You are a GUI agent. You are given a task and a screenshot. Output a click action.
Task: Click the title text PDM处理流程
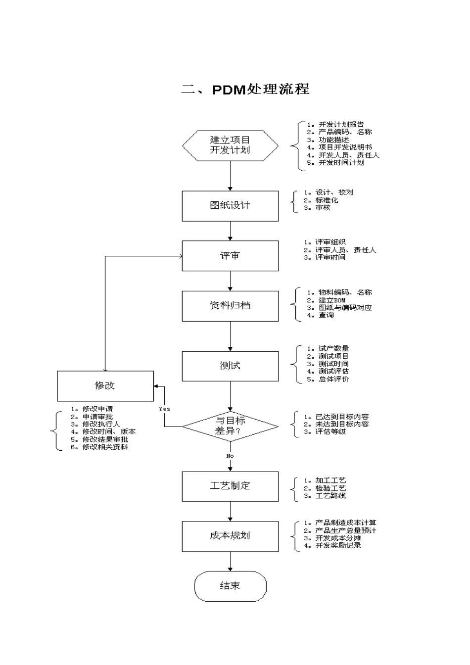245,90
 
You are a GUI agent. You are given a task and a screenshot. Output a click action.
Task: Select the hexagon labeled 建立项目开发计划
230,145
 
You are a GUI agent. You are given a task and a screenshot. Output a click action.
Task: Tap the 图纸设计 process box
230,206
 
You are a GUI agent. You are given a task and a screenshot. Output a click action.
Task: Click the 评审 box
230,256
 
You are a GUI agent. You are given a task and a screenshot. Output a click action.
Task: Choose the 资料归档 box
230,306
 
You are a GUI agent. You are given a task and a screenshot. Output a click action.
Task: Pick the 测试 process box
230,366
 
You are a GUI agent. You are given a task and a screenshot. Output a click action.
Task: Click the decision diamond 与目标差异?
230,426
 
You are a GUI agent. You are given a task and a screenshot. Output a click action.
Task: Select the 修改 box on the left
105,386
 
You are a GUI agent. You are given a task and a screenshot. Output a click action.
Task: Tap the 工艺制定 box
230,486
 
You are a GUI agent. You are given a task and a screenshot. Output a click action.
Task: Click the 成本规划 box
230,536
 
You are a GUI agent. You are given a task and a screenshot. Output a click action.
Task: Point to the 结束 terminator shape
230,586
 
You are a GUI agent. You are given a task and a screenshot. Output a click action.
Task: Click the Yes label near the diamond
164,409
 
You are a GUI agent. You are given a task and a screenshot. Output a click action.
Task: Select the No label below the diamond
230,456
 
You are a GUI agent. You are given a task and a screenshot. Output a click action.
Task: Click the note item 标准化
327,200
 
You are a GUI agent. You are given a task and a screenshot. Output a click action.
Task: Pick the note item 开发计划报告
341,125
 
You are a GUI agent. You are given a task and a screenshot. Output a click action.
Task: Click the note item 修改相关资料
105,447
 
